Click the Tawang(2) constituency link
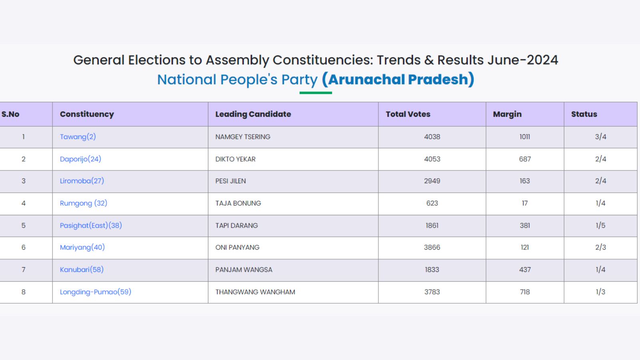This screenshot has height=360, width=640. pyautogui.click(x=78, y=137)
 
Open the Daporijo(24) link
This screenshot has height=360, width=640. pyautogui.click(x=80, y=159)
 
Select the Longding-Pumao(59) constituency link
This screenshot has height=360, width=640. pyautogui.click(x=95, y=292)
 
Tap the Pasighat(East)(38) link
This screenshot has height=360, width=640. pyautogui.click(x=91, y=226)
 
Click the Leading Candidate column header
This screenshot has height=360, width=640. pyautogui.click(x=253, y=114)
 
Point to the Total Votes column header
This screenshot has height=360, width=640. pyautogui.click(x=408, y=114)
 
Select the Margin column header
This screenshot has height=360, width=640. pyautogui.click(x=507, y=114)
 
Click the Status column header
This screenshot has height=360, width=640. pyautogui.click(x=584, y=114)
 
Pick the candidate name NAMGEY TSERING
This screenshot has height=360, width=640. pyautogui.click(x=242, y=137)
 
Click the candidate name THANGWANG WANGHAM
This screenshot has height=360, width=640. pyautogui.click(x=255, y=292)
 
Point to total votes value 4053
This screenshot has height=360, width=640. pyautogui.click(x=432, y=159)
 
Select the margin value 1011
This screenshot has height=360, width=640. pyautogui.click(x=524, y=137)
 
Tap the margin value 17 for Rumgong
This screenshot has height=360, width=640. pyautogui.click(x=524, y=203)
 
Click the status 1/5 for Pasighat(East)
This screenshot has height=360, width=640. pyautogui.click(x=600, y=226)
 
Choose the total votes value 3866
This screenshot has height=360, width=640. pyautogui.click(x=432, y=248)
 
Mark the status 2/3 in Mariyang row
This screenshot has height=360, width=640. pyautogui.click(x=600, y=248)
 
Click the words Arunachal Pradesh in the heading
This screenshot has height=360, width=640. pyautogui.click(x=398, y=80)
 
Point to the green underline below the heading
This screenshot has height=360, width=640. pyautogui.click(x=316, y=93)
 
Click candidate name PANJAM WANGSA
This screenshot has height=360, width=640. pyautogui.click(x=244, y=270)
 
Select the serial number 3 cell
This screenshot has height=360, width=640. pyautogui.click(x=24, y=181)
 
